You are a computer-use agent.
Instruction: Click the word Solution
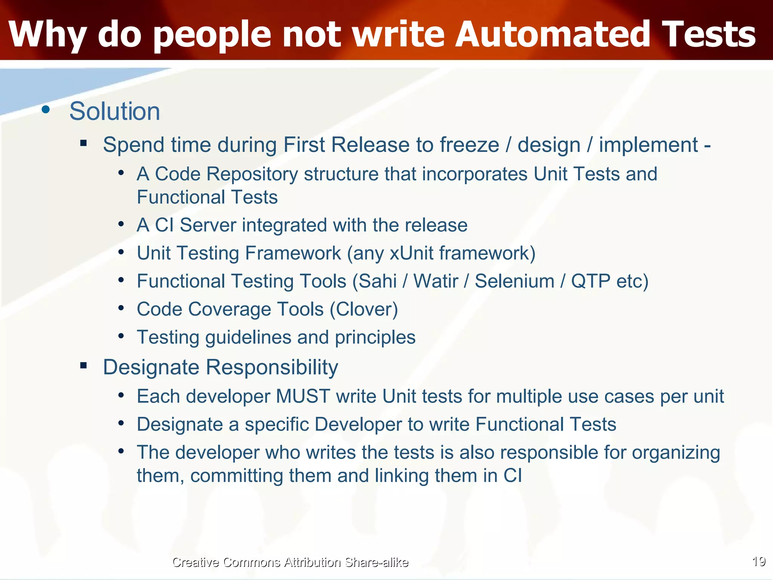(115, 111)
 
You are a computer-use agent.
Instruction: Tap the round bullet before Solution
(46, 110)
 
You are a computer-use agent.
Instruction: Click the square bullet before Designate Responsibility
(83, 365)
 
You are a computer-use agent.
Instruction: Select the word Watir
(436, 281)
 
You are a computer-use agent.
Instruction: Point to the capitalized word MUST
(303, 396)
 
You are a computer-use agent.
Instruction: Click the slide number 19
(759, 561)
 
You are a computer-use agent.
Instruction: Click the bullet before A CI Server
(121, 224)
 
